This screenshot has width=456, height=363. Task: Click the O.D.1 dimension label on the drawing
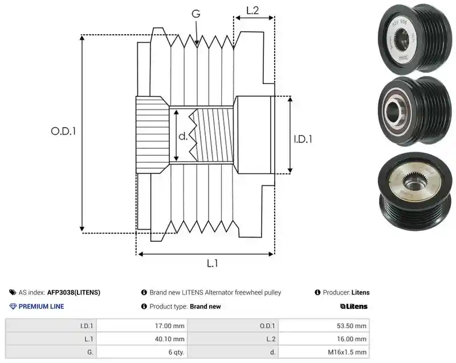[x=63, y=132]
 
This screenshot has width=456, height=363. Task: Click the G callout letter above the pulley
[x=196, y=14]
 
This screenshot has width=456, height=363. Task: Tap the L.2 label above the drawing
[x=253, y=10]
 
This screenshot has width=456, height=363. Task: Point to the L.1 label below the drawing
[x=212, y=263]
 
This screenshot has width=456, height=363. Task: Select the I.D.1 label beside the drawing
[x=303, y=139]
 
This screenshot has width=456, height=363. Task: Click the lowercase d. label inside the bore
[x=183, y=136]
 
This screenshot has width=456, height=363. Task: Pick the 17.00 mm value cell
[x=142, y=326]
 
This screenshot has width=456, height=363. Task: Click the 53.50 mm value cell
[x=324, y=326]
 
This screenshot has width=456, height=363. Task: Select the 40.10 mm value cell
[x=142, y=339]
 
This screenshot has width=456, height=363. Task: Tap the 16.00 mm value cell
[x=324, y=339]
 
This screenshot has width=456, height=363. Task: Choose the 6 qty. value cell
[x=142, y=352]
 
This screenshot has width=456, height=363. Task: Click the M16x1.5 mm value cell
[x=324, y=352]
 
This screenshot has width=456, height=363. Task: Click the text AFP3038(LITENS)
[x=74, y=292]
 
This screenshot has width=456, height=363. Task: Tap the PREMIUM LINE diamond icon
[x=13, y=307]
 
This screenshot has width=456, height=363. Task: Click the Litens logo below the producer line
[x=353, y=307]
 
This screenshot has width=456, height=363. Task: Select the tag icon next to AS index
[x=13, y=292]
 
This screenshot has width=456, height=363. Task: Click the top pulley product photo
[x=416, y=39]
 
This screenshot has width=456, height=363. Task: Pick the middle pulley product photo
[x=416, y=111]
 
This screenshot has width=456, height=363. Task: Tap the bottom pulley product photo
[x=416, y=191]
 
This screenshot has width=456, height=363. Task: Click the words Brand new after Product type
[x=205, y=307]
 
